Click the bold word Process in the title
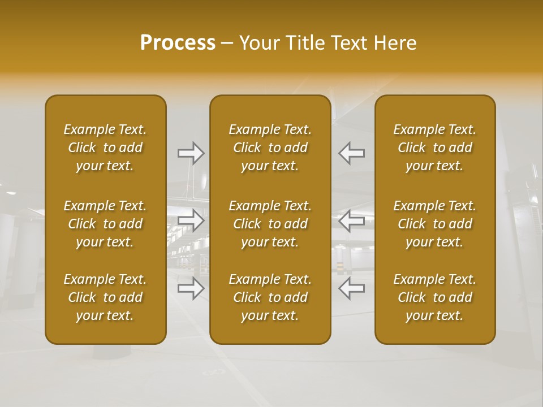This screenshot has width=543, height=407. tap(178, 43)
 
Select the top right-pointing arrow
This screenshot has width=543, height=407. tap(191, 153)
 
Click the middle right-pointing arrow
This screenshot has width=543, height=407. tap(191, 220)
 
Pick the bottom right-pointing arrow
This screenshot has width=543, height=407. tap(191, 288)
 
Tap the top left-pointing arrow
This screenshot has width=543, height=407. tap(351, 153)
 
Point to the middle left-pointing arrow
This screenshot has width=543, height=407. tap(351, 220)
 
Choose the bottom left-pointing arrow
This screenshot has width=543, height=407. tap(351, 288)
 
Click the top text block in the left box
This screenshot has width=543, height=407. tap(105, 148)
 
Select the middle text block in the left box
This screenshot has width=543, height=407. tap(105, 224)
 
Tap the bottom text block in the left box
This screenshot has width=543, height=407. tap(105, 297)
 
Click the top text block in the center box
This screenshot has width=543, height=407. tap(270, 148)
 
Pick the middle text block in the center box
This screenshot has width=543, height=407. tap(270, 224)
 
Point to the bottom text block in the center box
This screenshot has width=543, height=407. tap(270, 297)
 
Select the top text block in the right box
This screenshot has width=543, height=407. tap(434, 148)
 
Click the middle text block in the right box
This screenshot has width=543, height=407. tap(434, 224)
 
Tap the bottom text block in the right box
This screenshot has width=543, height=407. tap(434, 297)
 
